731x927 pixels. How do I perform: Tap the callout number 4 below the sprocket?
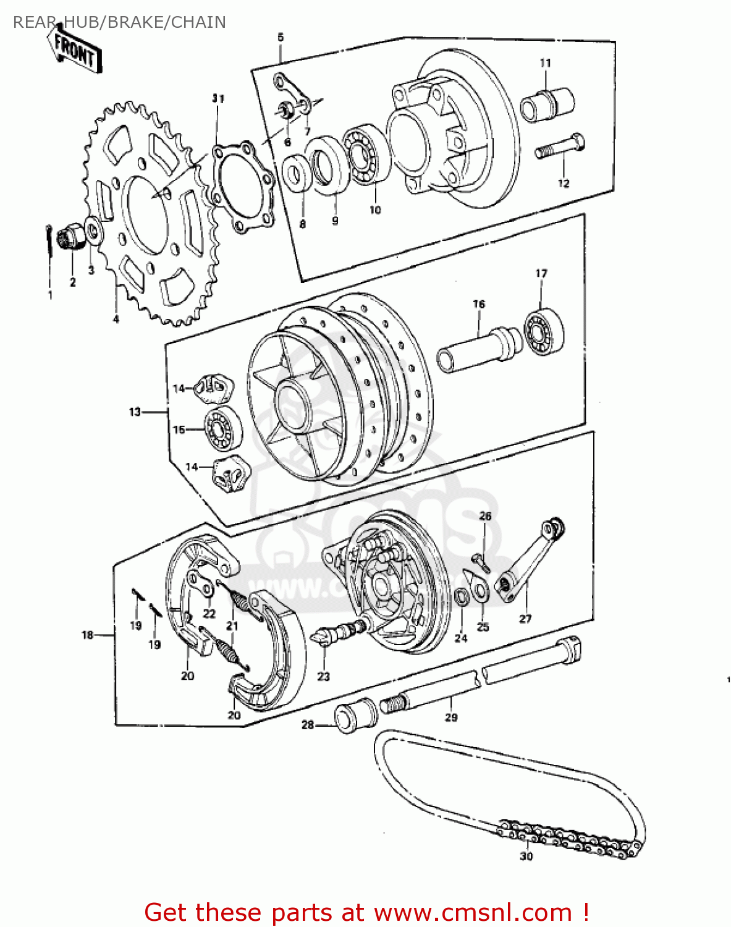point(116,319)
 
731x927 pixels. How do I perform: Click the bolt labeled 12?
point(560,148)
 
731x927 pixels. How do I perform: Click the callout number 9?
point(335,221)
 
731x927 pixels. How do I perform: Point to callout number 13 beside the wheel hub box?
point(135,412)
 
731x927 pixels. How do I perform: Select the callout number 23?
point(324,677)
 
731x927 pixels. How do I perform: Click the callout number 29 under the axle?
point(451,717)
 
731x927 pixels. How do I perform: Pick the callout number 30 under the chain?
point(526,856)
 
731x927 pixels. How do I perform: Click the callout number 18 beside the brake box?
point(87,635)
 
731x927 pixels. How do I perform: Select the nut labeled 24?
point(460,597)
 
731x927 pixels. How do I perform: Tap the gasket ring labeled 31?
point(243,188)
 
